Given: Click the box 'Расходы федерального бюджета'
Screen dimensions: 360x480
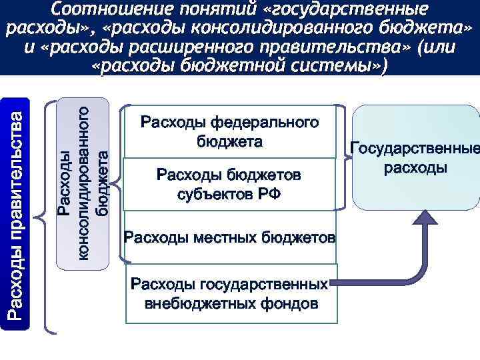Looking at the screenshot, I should click(x=229, y=132).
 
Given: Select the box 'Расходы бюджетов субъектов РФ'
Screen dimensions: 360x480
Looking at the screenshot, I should click(x=229, y=184).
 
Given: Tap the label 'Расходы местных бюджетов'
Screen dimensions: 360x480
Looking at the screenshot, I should click(x=229, y=237).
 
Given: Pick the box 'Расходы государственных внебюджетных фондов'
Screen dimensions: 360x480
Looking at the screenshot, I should click(x=229, y=294).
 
